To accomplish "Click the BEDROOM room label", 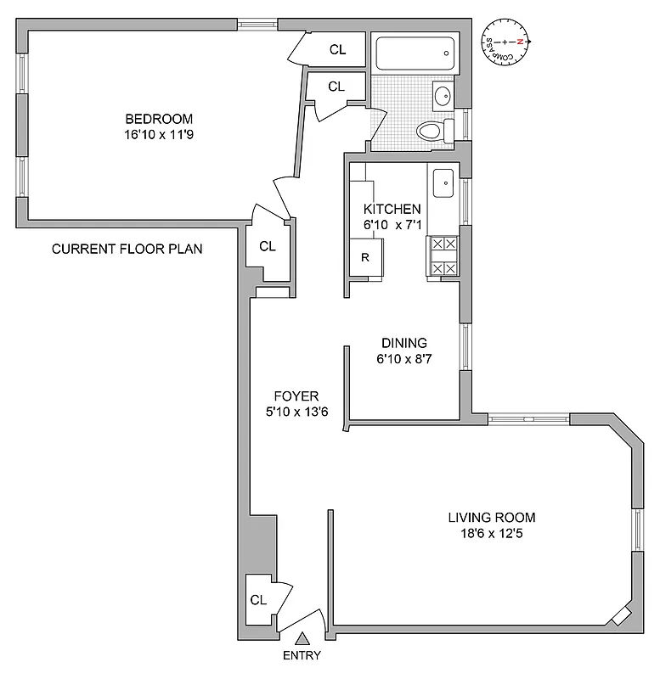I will click(159, 119).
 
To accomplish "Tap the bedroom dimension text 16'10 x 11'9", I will click(159, 134).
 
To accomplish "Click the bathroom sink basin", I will click(443, 95).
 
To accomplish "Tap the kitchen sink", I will click(443, 182).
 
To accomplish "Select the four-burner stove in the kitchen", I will click(443, 256).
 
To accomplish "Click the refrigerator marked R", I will click(365, 258).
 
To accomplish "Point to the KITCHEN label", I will click(392, 209).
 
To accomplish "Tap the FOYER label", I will click(296, 396).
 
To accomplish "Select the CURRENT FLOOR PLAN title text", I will click(127, 249).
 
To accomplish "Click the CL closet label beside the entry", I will click(258, 599).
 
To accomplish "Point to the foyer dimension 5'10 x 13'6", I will click(296, 412).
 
